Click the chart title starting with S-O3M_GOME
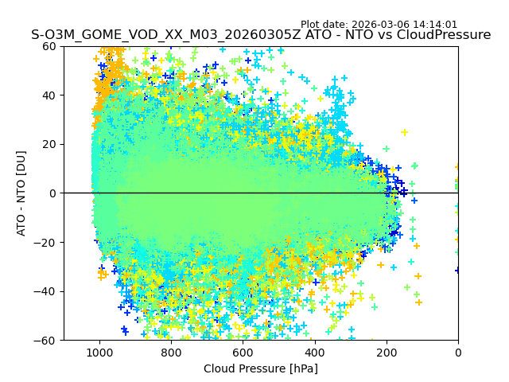click(x=261, y=35)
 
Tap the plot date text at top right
click(x=379, y=25)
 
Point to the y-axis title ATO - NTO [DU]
click(x=21, y=193)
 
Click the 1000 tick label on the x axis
click(x=99, y=352)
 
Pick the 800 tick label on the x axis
click(x=171, y=352)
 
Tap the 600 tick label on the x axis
click(x=243, y=352)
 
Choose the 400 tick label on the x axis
click(x=314, y=352)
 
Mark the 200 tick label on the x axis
click(x=386, y=352)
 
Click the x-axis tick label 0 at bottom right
click(x=458, y=352)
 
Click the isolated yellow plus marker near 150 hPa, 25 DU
click(x=404, y=132)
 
